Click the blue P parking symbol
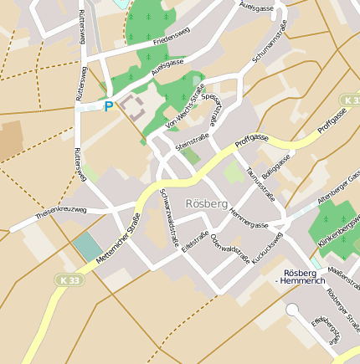[x=108, y=106]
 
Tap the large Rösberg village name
[x=207, y=203]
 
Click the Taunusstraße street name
[x=260, y=182]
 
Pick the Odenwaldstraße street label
[x=230, y=245]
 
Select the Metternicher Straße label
[x=118, y=241]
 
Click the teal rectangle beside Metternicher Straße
[x=87, y=247]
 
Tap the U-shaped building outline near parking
[x=131, y=106]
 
